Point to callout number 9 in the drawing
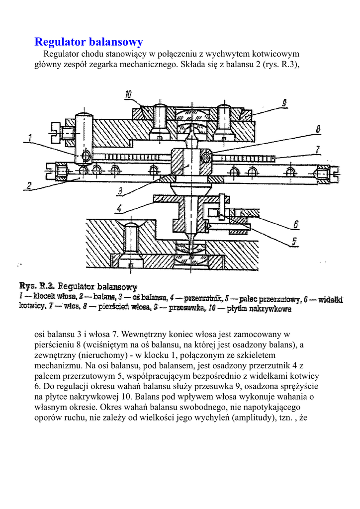[x=284, y=103]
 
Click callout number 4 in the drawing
[x=120, y=208]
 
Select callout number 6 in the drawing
[x=296, y=225]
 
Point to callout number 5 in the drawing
[x=295, y=242]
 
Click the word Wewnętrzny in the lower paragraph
[x=144, y=334]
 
